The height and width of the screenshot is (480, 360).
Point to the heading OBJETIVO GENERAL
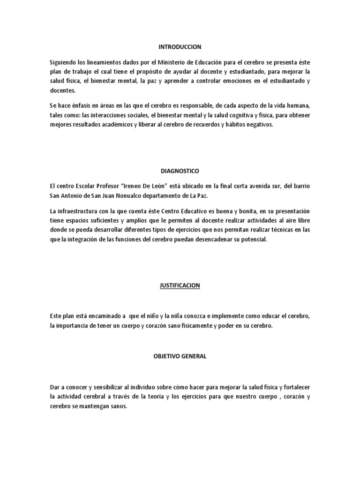pos(180,356)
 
